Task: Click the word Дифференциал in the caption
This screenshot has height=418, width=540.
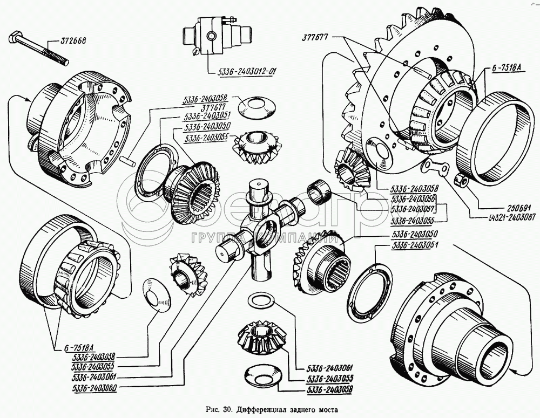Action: coord(265,409)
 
